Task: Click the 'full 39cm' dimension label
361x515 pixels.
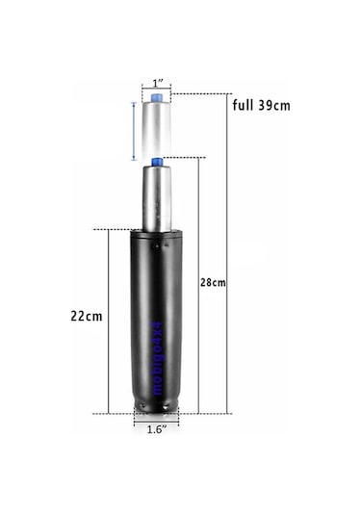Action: pyautogui.click(x=262, y=106)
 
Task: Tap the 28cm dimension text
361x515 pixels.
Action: pyautogui.click(x=213, y=282)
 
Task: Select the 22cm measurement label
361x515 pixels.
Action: pyautogui.click(x=87, y=316)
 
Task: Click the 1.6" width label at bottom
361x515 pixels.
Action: pyautogui.click(x=156, y=429)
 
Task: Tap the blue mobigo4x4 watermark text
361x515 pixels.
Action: pyautogui.click(x=157, y=358)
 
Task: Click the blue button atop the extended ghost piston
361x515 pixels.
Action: pyautogui.click(x=156, y=98)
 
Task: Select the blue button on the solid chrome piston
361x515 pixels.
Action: pyautogui.click(x=157, y=163)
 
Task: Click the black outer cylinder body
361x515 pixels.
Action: pyautogui.click(x=156, y=321)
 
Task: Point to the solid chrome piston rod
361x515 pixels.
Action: pyautogui.click(x=157, y=198)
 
